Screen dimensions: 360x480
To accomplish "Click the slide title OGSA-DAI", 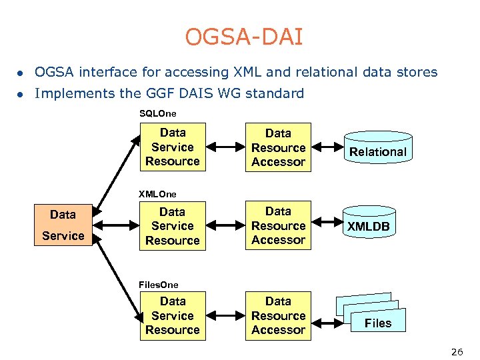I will (244, 37).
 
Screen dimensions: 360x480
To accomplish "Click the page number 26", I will (457, 352).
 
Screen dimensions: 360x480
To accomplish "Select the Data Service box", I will (63, 225).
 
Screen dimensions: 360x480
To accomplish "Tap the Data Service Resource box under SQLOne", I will (173, 147).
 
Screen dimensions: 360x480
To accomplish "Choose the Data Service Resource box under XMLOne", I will (173, 226).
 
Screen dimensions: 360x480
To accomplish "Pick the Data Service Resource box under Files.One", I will (173, 316).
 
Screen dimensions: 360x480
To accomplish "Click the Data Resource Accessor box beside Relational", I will (279, 147).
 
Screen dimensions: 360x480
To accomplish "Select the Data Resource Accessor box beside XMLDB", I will (279, 226).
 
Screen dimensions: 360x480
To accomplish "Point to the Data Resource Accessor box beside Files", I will (279, 316).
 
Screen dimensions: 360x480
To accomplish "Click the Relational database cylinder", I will (378, 151).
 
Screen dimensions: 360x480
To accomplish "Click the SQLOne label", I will (157, 114).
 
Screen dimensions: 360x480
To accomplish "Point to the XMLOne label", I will (157, 194).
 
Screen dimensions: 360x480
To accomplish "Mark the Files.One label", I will (159, 285).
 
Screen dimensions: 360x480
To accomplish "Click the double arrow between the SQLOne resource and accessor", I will (225, 147).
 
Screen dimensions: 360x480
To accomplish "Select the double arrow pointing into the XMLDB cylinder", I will (327, 226).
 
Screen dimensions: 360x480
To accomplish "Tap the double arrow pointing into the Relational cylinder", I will (327, 147).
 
